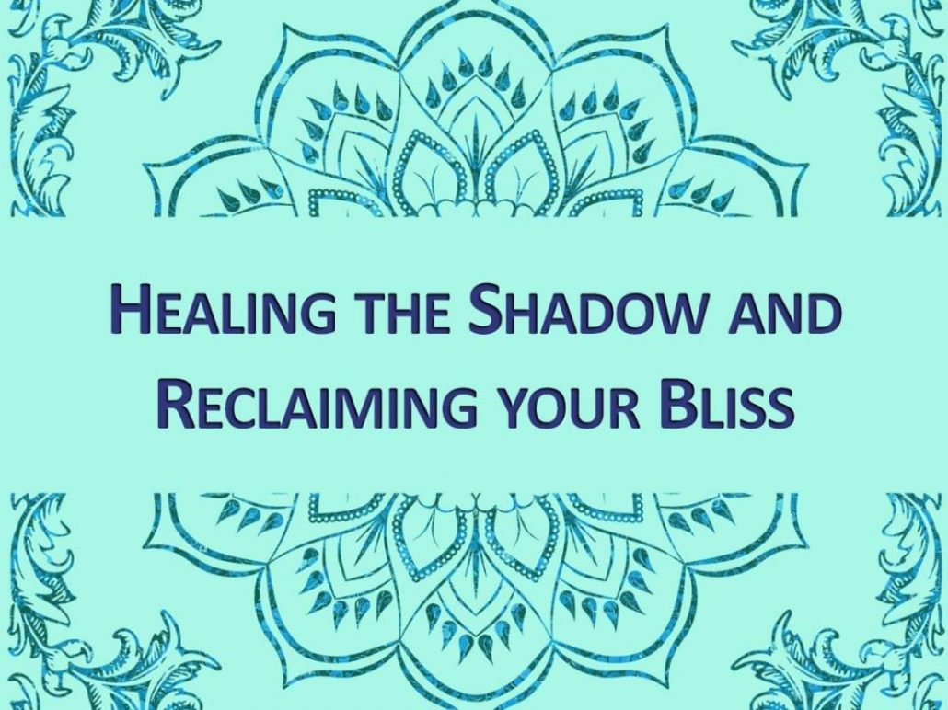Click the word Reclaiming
317,404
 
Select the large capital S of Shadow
485,309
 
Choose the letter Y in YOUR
512,407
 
